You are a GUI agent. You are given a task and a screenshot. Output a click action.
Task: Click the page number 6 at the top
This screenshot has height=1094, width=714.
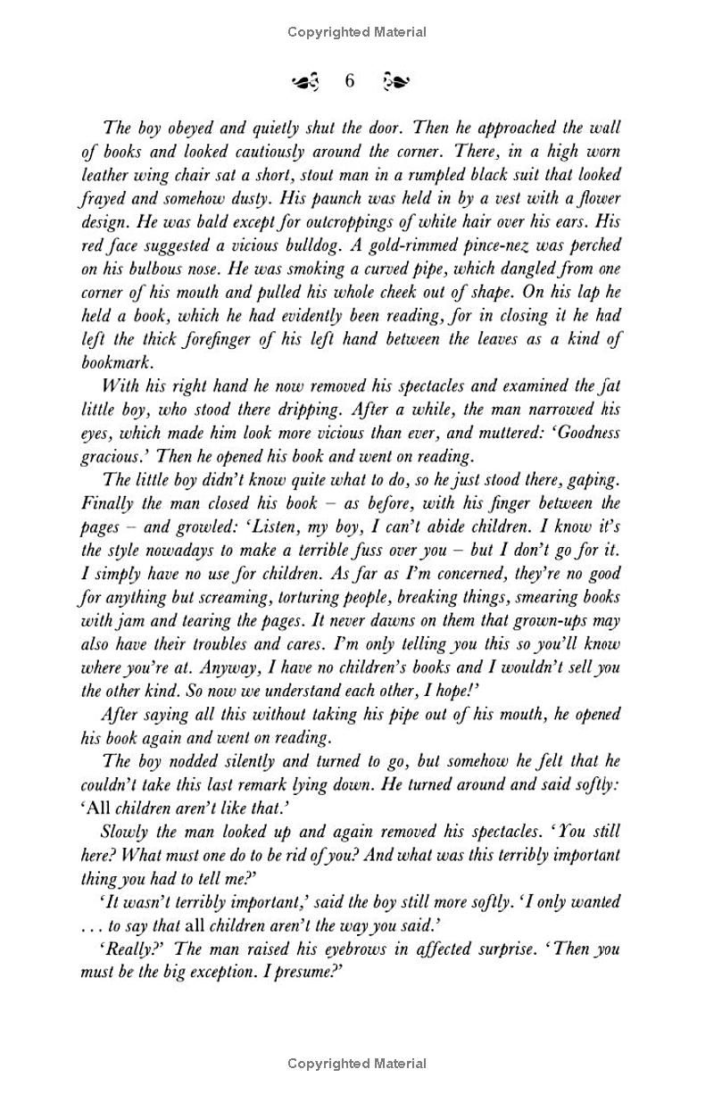click(x=349, y=81)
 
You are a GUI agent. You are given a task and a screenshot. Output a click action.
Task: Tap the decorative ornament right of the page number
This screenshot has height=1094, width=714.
click(x=394, y=82)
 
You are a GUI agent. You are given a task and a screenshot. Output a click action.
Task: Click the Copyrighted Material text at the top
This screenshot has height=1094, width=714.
click(x=357, y=32)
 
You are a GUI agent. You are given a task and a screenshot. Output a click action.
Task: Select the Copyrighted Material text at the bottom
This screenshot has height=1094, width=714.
click(x=357, y=1063)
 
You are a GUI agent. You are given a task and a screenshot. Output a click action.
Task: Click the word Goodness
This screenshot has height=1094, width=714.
click(x=589, y=433)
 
